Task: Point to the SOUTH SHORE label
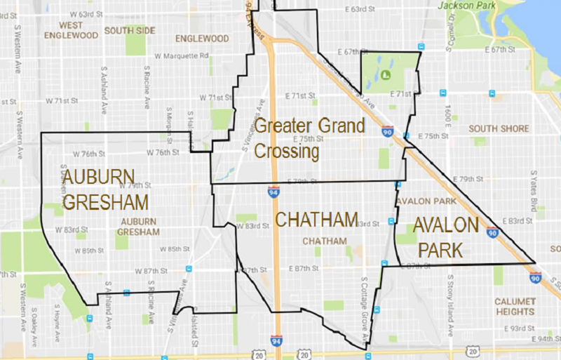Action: (x=500, y=128)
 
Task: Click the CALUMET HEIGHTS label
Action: (x=513, y=306)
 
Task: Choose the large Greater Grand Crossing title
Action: (x=309, y=138)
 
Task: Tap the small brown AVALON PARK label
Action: (x=426, y=201)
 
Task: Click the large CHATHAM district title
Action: (x=317, y=220)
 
